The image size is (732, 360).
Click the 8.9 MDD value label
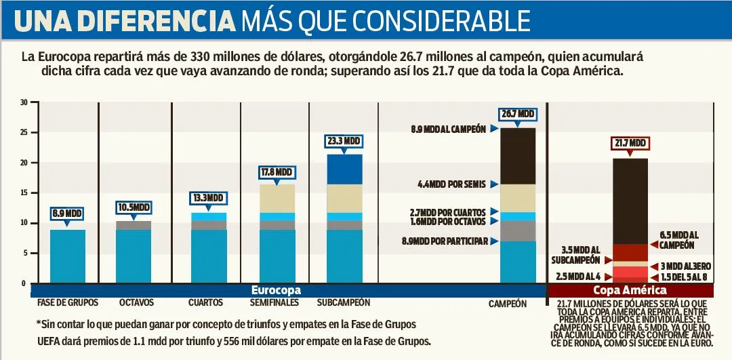tap(67, 214)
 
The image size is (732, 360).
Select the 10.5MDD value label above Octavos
tap(133, 207)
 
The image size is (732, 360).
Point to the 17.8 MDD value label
tap(276, 172)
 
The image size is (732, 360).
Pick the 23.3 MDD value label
tap(344, 141)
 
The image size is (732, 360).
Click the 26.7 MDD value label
tap(518, 114)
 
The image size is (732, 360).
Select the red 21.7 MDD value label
tap(630, 144)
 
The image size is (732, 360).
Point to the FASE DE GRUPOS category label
tap(68, 302)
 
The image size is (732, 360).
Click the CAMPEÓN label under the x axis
tap(508, 304)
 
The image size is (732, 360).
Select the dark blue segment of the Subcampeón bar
tap(344, 169)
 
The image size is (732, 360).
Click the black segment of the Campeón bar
tap(518, 156)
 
